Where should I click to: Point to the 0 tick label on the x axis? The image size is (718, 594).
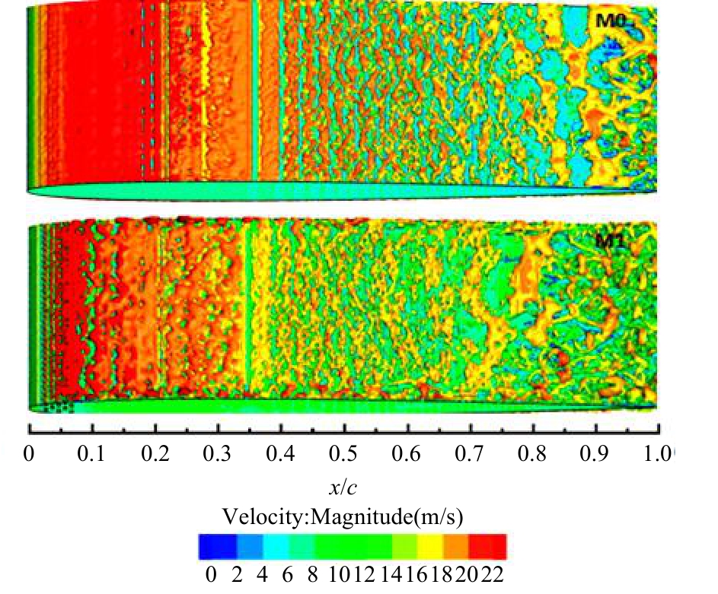(x=29, y=455)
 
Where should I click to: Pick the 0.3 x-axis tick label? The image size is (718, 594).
(x=219, y=455)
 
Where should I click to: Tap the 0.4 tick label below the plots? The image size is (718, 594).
(x=282, y=455)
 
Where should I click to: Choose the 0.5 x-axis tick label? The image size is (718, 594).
(x=346, y=455)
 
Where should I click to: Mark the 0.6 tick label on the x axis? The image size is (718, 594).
(x=409, y=455)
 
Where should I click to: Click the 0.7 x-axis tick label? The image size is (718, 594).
(x=472, y=455)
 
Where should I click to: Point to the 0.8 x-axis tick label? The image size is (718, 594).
(x=535, y=455)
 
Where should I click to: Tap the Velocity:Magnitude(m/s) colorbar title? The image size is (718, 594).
(x=344, y=518)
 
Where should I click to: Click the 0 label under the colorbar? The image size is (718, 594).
(x=211, y=576)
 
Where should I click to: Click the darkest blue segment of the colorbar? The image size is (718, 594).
(x=211, y=547)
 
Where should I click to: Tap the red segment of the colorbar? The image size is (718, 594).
(x=487, y=547)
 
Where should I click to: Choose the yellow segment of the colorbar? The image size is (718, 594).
(x=429, y=547)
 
